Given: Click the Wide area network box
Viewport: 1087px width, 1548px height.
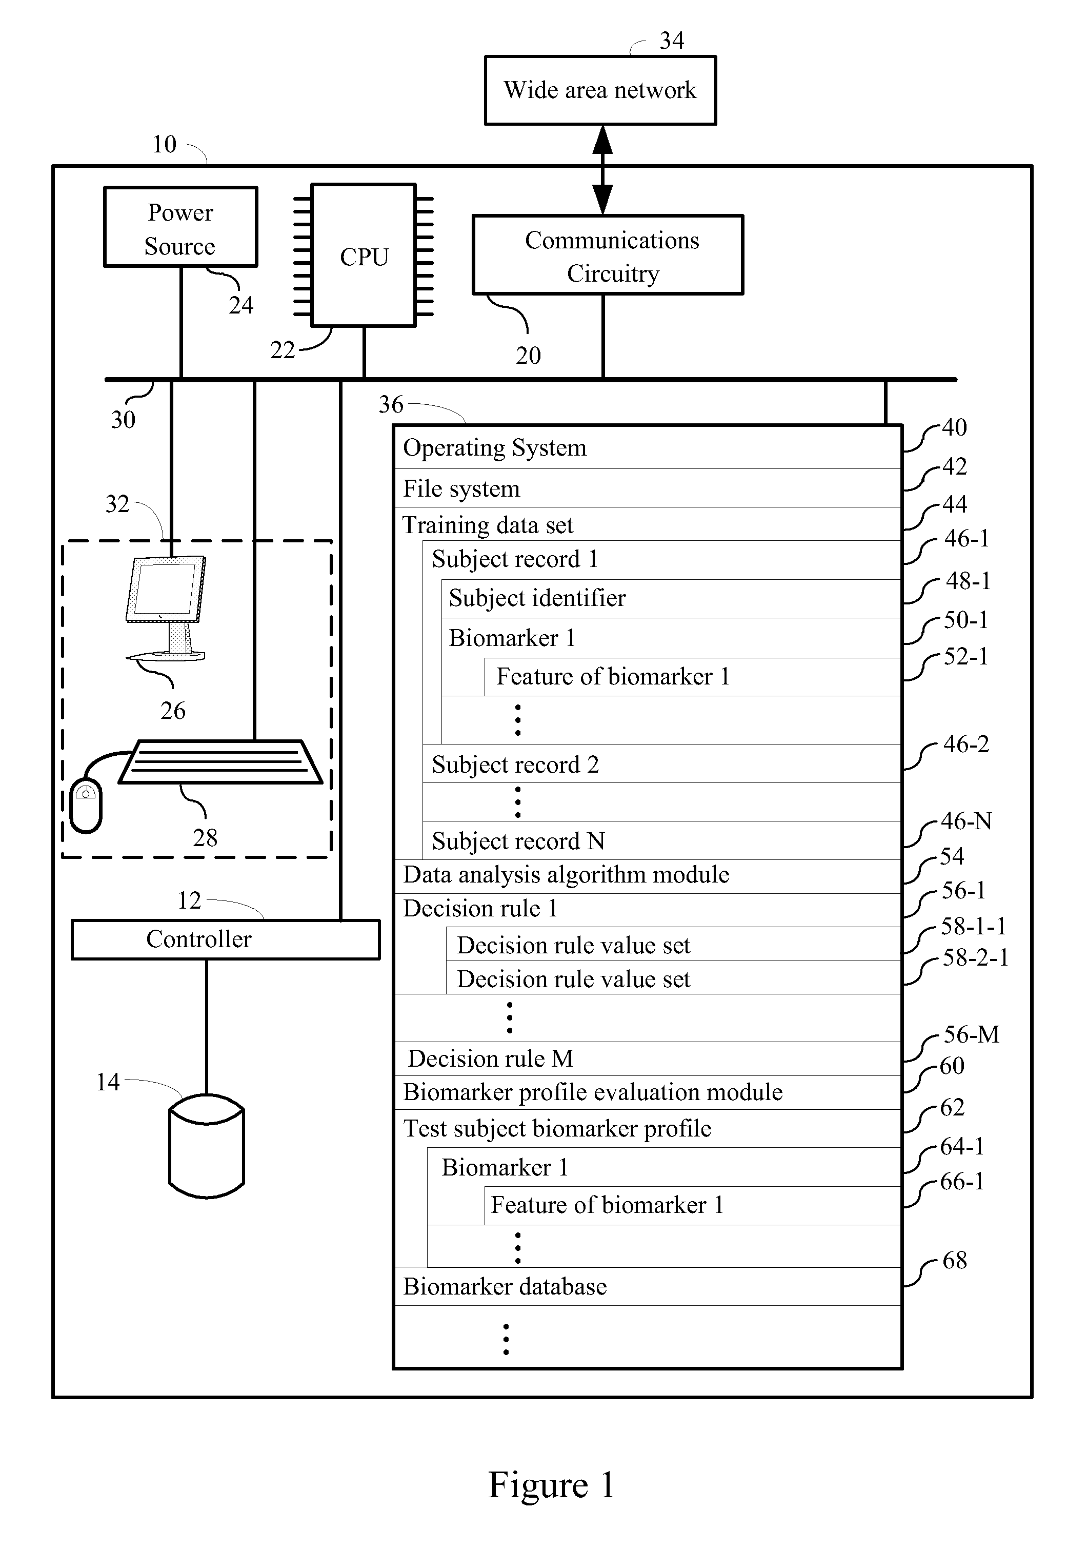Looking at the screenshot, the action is (x=600, y=90).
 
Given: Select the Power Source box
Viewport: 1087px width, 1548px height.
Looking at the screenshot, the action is (x=180, y=227).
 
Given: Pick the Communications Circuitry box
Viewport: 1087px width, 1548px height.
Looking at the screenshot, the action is (x=608, y=255).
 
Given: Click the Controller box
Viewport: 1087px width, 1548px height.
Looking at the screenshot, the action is (x=226, y=939).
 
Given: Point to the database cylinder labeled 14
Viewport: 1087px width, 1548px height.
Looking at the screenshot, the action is (x=206, y=1146).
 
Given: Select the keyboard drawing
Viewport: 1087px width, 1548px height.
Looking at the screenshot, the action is (x=220, y=762).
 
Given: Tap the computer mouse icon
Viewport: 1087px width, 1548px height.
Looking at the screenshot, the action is (x=86, y=805).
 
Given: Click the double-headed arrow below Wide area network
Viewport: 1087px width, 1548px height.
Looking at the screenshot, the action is (x=602, y=170).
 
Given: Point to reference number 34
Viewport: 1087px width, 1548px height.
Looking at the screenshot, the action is (x=672, y=41).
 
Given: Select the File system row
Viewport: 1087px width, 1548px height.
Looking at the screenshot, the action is (x=648, y=488).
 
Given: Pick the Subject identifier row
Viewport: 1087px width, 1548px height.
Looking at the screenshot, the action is (x=671, y=599).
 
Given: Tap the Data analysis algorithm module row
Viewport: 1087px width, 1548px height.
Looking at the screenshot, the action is (x=648, y=876).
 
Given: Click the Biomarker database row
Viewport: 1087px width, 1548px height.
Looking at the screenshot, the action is (x=648, y=1286).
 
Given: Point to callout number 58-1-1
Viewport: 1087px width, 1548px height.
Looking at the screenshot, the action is (x=974, y=926).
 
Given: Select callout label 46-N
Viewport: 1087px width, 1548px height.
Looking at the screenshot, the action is (x=967, y=821).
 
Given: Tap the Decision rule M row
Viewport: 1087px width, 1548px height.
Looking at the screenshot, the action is (x=648, y=1059).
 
